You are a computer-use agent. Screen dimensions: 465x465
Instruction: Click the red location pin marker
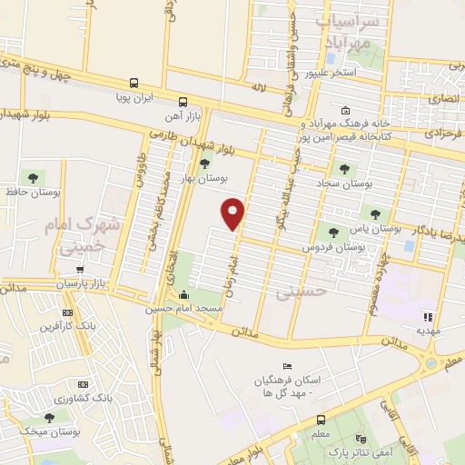coord(234,213)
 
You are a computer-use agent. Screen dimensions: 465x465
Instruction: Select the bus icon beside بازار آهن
coord(183,102)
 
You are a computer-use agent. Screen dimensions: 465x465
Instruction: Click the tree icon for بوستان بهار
coord(205,164)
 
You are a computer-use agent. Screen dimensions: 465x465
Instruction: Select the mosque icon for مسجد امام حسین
coord(184,294)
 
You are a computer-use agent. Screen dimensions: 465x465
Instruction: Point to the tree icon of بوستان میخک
coord(50,417)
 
